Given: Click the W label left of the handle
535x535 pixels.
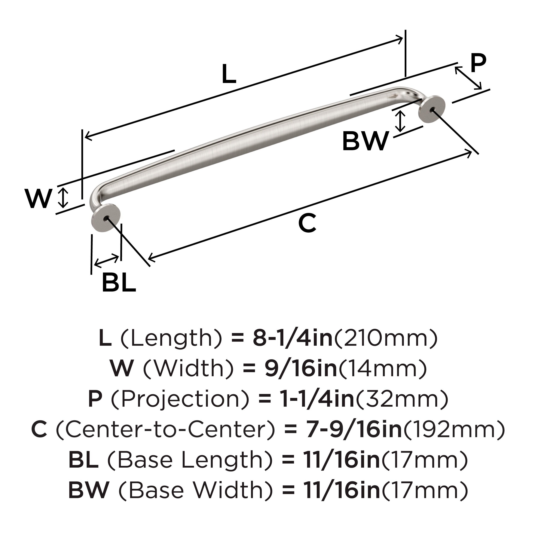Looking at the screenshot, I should coord(38,199).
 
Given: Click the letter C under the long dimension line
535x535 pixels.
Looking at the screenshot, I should coord(307,223).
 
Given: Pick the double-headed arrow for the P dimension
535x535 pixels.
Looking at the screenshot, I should coord(468,78).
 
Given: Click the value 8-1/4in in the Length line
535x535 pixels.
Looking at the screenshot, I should coord(292,338).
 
